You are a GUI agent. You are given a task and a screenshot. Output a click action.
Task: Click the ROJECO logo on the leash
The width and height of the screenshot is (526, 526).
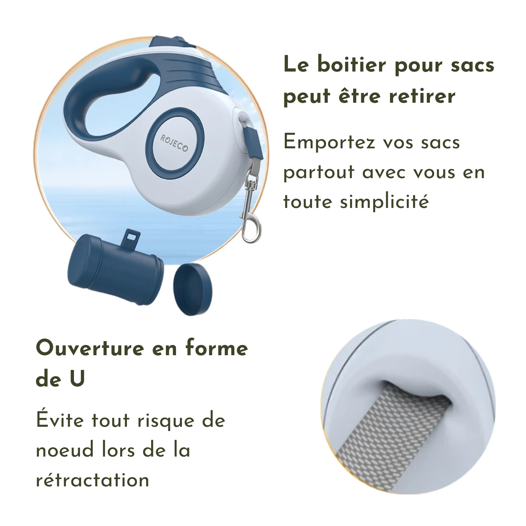tap(174, 143)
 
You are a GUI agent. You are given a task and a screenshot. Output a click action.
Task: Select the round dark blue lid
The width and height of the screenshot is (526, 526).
tap(193, 289)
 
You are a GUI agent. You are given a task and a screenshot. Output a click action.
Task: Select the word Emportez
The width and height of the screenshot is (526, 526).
tap(329, 143)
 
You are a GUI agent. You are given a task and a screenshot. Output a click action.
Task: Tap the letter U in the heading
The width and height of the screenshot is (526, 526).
tap(77, 379)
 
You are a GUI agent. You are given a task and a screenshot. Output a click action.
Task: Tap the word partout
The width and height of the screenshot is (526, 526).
tap(319, 173)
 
